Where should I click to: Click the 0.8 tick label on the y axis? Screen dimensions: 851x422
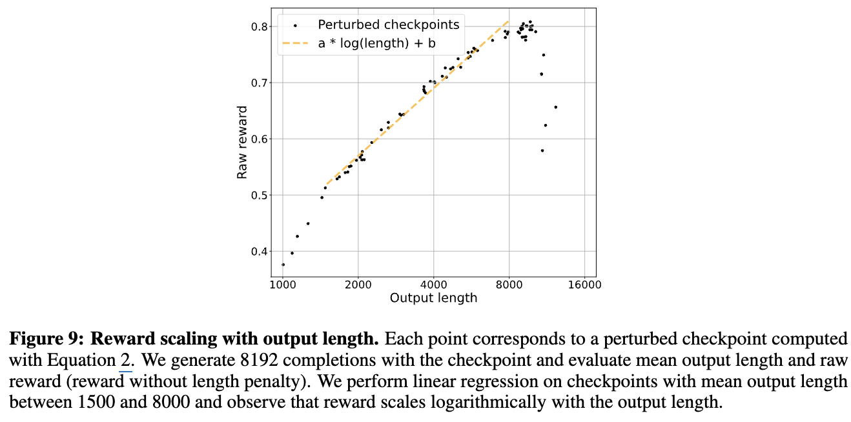(x=259, y=26)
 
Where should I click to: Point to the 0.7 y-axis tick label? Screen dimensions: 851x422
(x=259, y=83)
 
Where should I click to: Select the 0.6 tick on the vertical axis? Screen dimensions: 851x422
(x=259, y=139)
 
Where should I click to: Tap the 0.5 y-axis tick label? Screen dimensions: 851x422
(x=259, y=195)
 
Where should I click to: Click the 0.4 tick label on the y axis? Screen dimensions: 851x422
(x=259, y=252)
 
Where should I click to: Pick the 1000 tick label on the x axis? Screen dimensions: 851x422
(x=283, y=285)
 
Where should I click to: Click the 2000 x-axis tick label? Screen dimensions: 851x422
(x=358, y=285)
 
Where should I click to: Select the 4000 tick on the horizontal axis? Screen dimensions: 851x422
(x=433, y=285)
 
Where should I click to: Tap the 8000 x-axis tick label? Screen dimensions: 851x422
(x=509, y=285)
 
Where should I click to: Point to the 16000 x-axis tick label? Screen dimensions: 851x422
(x=585, y=285)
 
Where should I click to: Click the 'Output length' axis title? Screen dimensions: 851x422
(x=433, y=298)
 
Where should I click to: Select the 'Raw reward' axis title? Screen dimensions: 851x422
(x=242, y=143)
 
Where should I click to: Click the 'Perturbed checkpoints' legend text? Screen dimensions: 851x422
(x=389, y=25)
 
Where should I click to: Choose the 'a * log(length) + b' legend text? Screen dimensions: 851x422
(x=377, y=43)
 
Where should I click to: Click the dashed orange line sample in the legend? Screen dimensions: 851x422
(x=295, y=43)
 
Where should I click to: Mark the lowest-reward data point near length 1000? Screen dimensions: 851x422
(x=283, y=265)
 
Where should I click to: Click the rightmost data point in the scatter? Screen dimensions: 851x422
(x=555, y=107)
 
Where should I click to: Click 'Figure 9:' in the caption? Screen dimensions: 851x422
(x=46, y=339)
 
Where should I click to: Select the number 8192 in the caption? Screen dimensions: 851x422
(x=259, y=360)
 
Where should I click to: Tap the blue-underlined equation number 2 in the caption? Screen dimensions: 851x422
(x=125, y=360)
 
